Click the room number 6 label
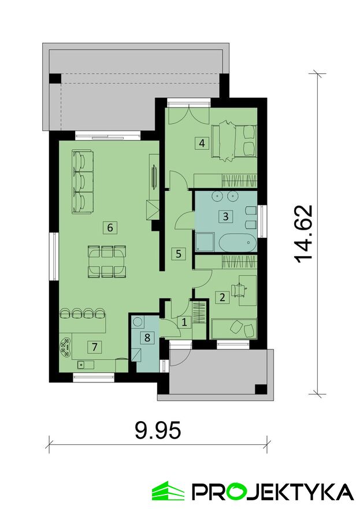110,227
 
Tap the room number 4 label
202,143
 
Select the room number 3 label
226,216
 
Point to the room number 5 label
179,253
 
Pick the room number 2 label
222,297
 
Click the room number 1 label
184,323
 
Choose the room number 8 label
147,338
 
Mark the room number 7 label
94,347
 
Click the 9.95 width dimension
158,431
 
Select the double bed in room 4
233,141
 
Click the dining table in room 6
106,261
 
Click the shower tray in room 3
205,242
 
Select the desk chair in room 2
239,289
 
